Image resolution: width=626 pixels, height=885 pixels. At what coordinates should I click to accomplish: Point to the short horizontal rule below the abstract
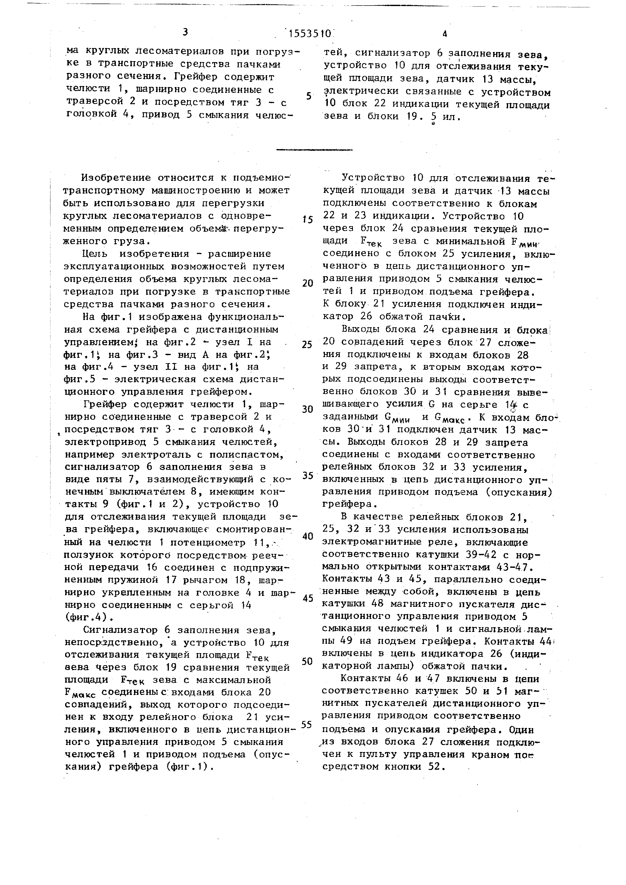pyautogui.click(x=314, y=149)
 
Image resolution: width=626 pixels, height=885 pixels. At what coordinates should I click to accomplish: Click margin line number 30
pyautogui.click(x=307, y=409)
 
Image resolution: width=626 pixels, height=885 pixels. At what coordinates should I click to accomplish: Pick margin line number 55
pyautogui.click(x=307, y=725)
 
